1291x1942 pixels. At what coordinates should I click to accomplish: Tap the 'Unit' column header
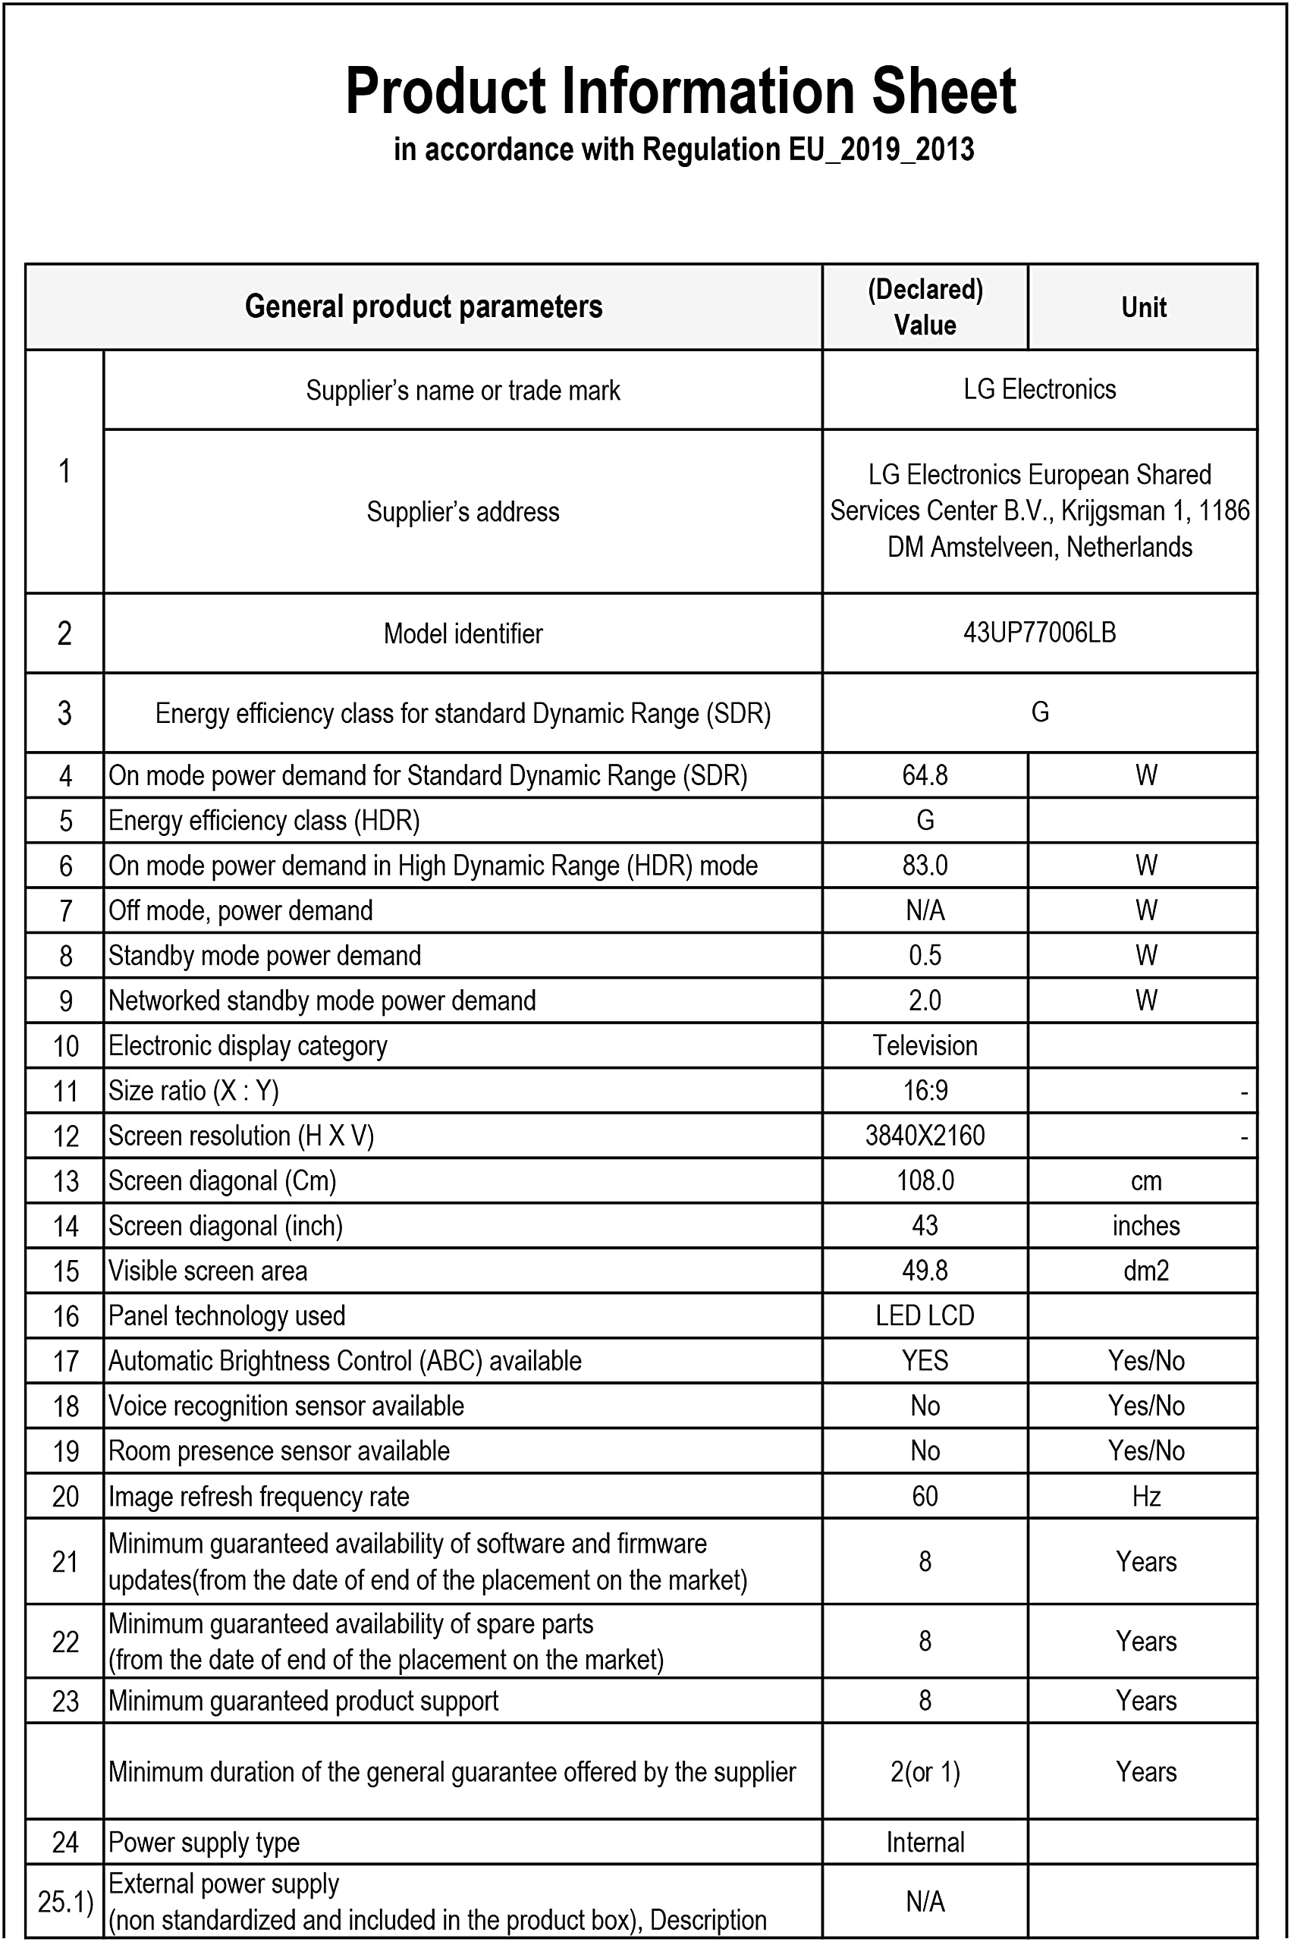click(1144, 307)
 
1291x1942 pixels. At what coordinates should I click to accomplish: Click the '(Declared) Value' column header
click(925, 307)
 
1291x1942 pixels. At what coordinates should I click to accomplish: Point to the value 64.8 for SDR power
click(925, 775)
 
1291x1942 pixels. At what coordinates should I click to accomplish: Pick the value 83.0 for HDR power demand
click(925, 866)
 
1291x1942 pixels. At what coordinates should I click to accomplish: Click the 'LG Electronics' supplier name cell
click(1039, 389)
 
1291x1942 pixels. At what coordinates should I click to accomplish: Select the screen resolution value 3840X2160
click(925, 1136)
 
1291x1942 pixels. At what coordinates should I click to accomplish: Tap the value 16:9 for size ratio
click(925, 1091)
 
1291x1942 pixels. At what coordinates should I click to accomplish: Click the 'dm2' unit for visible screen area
click(1145, 1271)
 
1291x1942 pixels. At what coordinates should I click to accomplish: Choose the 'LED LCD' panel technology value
click(925, 1315)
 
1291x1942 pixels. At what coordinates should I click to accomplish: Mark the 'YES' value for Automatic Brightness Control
click(925, 1361)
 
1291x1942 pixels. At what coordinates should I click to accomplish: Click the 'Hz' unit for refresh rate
click(1145, 1496)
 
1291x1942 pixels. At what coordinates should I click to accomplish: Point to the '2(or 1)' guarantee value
click(925, 1771)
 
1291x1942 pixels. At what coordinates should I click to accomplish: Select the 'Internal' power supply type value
click(925, 1843)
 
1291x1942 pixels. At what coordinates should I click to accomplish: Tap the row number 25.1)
click(65, 1902)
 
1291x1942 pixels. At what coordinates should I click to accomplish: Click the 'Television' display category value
click(925, 1045)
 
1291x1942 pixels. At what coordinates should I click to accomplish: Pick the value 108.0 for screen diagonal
click(925, 1180)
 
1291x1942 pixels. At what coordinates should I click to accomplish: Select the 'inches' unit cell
click(1145, 1226)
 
